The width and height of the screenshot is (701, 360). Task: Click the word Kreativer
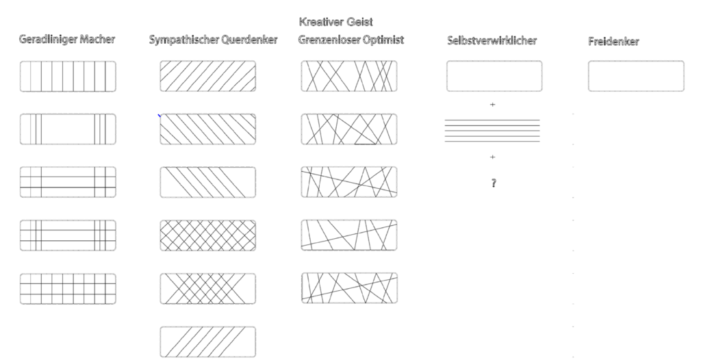[x=322, y=22]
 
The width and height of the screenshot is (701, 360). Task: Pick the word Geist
[x=360, y=22]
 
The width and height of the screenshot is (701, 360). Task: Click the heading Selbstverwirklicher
[x=492, y=40]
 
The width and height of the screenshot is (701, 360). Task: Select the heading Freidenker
[x=613, y=42]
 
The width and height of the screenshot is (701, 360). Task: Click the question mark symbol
[x=494, y=183]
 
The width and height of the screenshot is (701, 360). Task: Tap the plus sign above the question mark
[x=493, y=157]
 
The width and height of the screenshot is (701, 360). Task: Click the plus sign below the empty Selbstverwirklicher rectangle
[x=493, y=105]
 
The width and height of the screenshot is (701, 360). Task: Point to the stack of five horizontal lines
[x=492, y=131]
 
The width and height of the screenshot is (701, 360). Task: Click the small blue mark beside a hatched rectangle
[x=159, y=116]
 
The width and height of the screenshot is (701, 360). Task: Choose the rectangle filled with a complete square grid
[x=68, y=289]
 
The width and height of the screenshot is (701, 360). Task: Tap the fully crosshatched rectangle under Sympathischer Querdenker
[x=208, y=235]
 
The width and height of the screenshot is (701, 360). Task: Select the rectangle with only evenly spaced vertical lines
[x=68, y=77]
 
